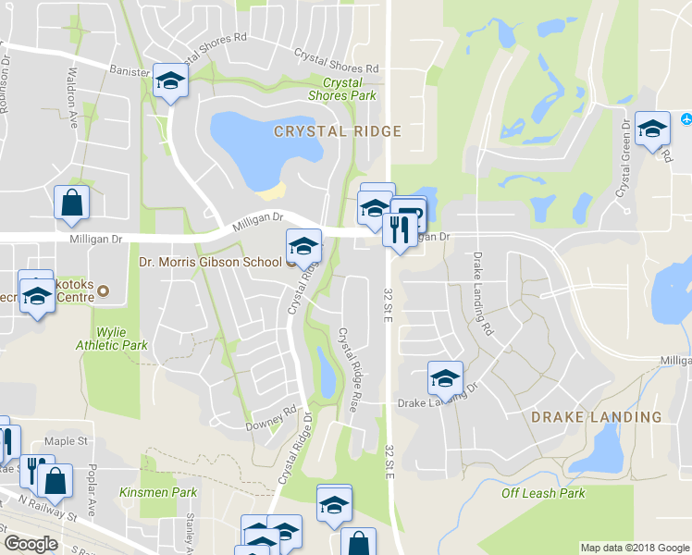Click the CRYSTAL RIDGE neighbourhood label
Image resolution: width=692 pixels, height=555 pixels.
point(337,131)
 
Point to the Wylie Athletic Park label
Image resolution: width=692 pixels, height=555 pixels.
point(121,338)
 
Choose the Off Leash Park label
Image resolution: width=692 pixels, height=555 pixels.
point(543,493)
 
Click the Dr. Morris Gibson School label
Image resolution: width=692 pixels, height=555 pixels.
point(210,262)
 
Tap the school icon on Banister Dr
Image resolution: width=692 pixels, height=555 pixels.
point(170,81)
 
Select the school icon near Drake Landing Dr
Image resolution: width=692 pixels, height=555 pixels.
point(445,378)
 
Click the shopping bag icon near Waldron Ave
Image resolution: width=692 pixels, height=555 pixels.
point(72,203)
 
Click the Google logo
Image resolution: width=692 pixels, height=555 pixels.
point(31,543)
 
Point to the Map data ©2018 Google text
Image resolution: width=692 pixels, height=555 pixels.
point(634,548)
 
